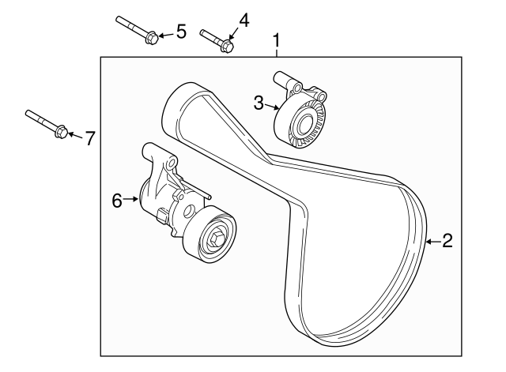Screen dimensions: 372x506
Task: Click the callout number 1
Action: point(277,39)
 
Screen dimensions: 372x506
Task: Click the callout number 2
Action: point(447,242)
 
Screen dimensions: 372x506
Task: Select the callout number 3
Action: point(259,101)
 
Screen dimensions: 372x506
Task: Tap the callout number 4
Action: point(244,20)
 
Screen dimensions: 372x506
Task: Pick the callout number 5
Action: point(180,32)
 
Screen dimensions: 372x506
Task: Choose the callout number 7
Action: point(89,138)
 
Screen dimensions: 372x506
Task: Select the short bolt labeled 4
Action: point(215,40)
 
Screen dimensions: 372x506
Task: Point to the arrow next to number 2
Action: point(432,242)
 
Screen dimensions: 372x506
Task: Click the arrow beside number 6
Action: point(133,200)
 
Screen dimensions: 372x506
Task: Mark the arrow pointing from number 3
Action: point(272,106)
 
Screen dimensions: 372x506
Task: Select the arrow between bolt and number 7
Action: point(74,136)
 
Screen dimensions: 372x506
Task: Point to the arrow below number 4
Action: point(232,36)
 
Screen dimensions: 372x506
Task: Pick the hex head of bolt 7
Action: point(61,132)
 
